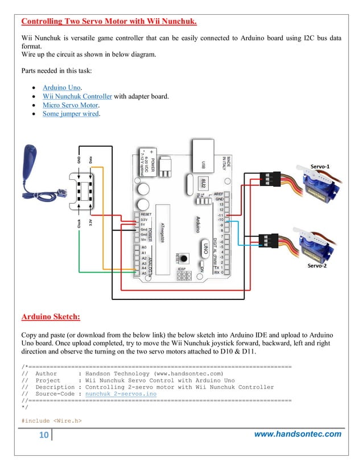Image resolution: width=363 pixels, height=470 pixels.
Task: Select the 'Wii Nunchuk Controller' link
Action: pos(77,96)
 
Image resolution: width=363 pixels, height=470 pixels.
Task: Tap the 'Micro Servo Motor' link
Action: pos(71,105)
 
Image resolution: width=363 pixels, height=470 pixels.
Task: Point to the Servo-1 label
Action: pos(320,165)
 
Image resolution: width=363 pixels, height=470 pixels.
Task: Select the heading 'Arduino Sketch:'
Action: pos(50,316)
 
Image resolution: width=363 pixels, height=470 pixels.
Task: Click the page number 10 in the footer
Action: pos(43,435)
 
